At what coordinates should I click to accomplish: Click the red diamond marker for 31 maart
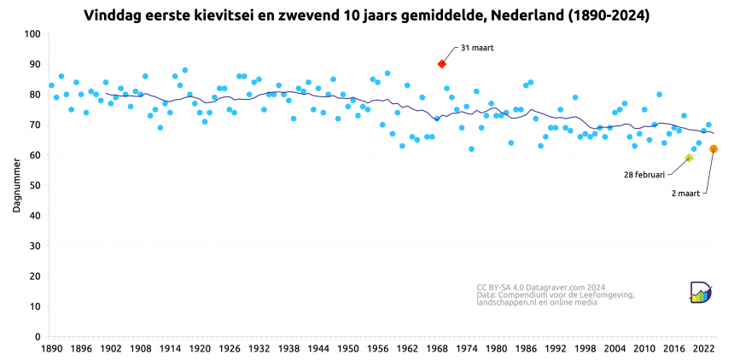coord(442,64)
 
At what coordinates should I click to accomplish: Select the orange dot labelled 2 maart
coord(714,148)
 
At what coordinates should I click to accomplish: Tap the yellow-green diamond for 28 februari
coord(689,158)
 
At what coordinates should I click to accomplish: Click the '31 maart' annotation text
coord(477,47)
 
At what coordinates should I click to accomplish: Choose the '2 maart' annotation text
coord(684,194)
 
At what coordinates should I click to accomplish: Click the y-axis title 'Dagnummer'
coord(16,186)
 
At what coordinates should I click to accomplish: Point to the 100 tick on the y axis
coord(33,34)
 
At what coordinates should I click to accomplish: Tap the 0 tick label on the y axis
coord(38,337)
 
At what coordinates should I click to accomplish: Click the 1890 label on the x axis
coord(51,349)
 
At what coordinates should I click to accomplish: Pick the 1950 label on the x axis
coord(348,349)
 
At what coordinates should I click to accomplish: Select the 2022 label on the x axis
coord(704,349)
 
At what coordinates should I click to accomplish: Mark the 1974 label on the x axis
coord(467,349)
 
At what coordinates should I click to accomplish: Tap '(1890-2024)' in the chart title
coord(603,15)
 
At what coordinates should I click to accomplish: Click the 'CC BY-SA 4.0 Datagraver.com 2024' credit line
coord(541,287)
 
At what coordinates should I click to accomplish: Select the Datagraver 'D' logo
coord(702,291)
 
